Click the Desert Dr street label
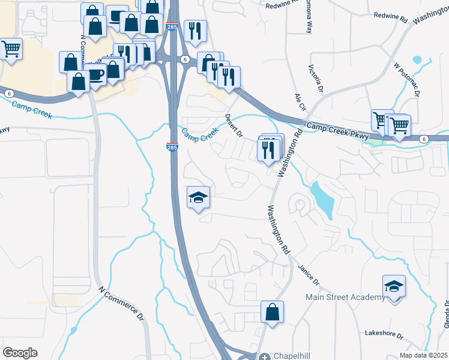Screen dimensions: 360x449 click(x=234, y=124)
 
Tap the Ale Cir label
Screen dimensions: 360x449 click(x=300, y=101)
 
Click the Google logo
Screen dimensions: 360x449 click(x=20, y=353)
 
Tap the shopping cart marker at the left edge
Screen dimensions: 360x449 click(x=11, y=49)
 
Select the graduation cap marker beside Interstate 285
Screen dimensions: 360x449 click(x=199, y=198)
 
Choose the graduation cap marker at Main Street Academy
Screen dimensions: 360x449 click(x=394, y=286)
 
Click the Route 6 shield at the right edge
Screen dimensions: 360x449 click(x=424, y=139)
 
